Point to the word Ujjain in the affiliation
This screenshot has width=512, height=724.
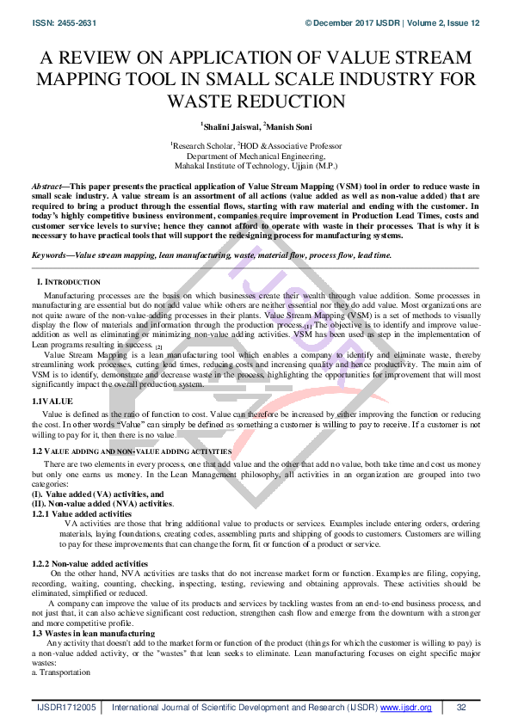click(309, 166)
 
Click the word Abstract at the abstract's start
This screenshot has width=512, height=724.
click(47, 187)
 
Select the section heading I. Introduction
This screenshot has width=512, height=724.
click(68, 282)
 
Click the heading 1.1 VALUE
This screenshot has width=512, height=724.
click(52, 402)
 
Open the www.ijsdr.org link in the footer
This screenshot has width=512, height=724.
click(407, 708)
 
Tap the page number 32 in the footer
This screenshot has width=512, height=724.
click(461, 708)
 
